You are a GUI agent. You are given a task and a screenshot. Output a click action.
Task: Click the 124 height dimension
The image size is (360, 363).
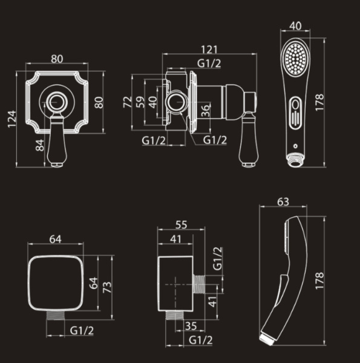tap(12, 119)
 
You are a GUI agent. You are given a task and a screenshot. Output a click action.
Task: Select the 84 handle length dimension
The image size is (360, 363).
tap(40, 145)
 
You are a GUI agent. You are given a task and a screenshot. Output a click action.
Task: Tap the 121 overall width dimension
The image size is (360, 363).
tap(209, 50)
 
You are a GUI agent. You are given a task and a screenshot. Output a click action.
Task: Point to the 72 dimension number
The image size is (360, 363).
tap(127, 102)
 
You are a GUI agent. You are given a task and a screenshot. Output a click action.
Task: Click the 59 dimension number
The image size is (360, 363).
tap(140, 102)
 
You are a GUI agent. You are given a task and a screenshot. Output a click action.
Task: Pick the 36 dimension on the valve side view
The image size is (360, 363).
tap(206, 111)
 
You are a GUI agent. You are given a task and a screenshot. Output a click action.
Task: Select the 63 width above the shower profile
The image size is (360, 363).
tap(283, 202)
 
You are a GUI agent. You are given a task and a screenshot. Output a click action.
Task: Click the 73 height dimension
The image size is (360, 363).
tap(107, 287)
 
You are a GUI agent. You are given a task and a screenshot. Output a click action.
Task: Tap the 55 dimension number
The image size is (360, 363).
tap(181, 225)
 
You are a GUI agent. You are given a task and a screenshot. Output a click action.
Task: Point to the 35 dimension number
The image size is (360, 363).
tap(191, 326)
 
